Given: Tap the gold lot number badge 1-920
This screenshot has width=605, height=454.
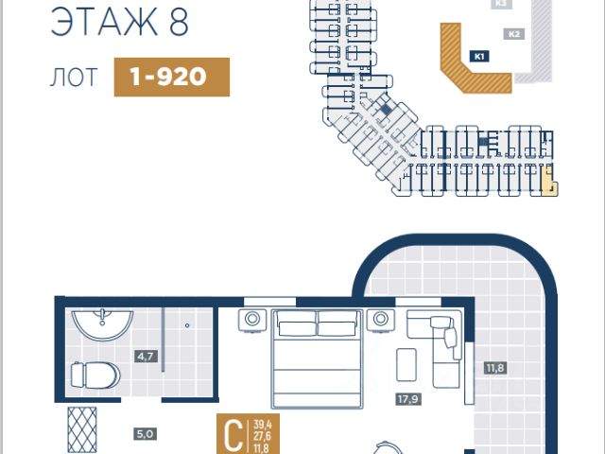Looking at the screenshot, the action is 172,78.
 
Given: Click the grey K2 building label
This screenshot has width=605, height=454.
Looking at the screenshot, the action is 514,35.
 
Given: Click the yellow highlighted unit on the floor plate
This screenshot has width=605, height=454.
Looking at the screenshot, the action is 549,179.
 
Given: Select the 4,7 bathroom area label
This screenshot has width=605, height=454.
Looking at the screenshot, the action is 146,357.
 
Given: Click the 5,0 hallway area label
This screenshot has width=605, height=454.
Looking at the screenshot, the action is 145,434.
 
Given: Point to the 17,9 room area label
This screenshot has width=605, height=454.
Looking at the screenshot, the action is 407,399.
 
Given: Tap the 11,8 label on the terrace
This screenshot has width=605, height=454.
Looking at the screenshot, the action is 494,367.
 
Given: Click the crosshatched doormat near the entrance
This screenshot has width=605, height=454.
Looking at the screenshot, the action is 82,431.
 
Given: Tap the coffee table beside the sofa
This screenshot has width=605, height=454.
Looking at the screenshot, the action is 406,363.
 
